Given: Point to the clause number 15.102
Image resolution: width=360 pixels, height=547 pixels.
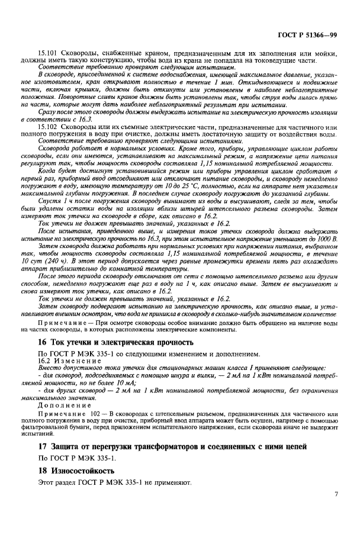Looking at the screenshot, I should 50,128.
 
